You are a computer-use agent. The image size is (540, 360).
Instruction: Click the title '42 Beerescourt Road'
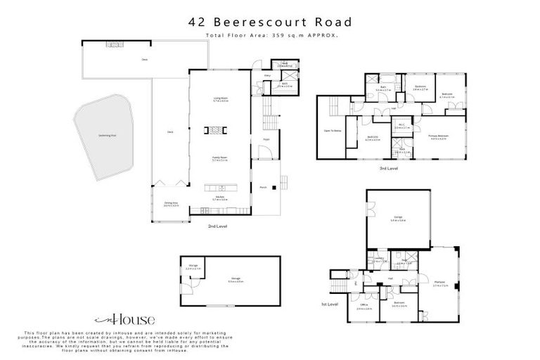pyautogui.click(x=270, y=22)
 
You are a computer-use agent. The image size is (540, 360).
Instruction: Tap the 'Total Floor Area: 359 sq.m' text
pyautogui.click(x=270, y=34)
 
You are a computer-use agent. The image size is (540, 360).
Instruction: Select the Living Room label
pyautogui.click(x=221, y=100)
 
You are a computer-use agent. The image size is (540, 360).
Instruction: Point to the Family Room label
pyautogui.click(x=221, y=160)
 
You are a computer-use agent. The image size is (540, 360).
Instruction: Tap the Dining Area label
pyautogui.click(x=171, y=205)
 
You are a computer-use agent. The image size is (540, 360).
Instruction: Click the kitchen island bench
pyautogui.click(x=220, y=188)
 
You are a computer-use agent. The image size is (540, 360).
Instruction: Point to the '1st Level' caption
pyautogui.click(x=330, y=304)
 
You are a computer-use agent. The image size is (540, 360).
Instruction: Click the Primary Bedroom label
pyautogui.click(x=437, y=137)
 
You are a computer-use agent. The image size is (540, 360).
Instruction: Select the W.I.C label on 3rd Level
pyautogui.click(x=401, y=125)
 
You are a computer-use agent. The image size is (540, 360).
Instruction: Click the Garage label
pyautogui.click(x=397, y=219)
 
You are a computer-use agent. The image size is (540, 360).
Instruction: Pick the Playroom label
pyautogui.click(x=441, y=283)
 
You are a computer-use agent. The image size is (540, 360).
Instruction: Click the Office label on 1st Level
pyautogui.click(x=364, y=307)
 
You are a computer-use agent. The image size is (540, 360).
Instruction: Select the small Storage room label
pyautogui.click(x=193, y=268)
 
